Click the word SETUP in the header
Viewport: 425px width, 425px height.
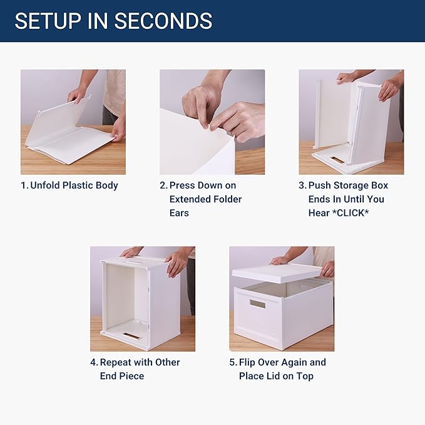47,21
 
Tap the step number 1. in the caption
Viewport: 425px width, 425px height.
24,185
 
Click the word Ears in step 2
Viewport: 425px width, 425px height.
179,213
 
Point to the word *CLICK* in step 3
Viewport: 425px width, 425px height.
356,213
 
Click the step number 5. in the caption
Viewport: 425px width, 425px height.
233,362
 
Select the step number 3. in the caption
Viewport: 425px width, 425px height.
302,185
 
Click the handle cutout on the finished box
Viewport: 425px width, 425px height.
257,304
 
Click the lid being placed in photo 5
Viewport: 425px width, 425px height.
278,272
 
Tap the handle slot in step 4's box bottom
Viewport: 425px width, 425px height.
131,336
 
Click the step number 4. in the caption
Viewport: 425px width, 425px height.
94,362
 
